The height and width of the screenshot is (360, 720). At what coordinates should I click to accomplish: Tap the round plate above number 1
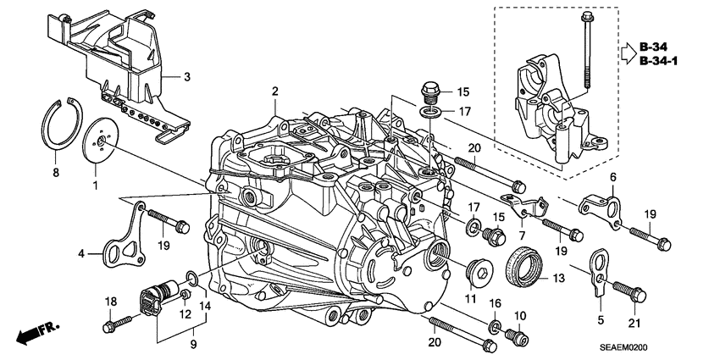click(x=101, y=143)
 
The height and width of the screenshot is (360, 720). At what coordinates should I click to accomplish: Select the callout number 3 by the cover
click(x=188, y=76)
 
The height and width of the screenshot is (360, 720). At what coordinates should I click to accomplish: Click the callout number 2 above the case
click(x=274, y=91)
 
